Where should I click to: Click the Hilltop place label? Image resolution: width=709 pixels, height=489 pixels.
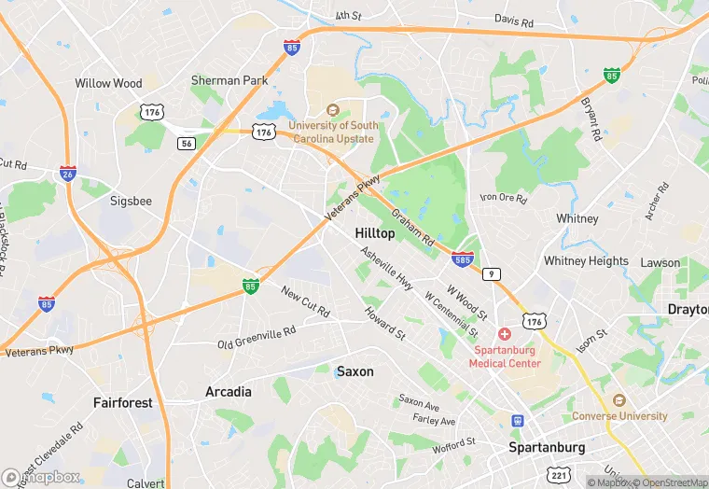coord(374,233)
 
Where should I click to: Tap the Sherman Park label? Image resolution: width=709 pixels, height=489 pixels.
coord(229,81)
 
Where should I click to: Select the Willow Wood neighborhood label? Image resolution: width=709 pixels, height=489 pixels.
coord(108,83)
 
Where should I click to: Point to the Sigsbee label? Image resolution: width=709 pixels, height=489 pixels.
coord(131,201)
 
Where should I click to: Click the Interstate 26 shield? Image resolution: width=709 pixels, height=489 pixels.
coord(67,174)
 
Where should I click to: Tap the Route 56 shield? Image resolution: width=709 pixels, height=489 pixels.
coord(186,143)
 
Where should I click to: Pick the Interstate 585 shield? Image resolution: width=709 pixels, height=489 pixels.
coord(461,258)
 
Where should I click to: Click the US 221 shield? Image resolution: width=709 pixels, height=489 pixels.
coord(559,474)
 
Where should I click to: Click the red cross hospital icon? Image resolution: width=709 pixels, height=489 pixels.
coord(505,334)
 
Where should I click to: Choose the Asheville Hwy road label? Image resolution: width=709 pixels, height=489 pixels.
coord(386,267)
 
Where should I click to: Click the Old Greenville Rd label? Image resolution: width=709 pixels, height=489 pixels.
coord(257,336)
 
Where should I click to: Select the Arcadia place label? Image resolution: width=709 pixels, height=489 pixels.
coord(229,392)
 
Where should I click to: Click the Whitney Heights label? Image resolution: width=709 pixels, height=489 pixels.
coord(586,261)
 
